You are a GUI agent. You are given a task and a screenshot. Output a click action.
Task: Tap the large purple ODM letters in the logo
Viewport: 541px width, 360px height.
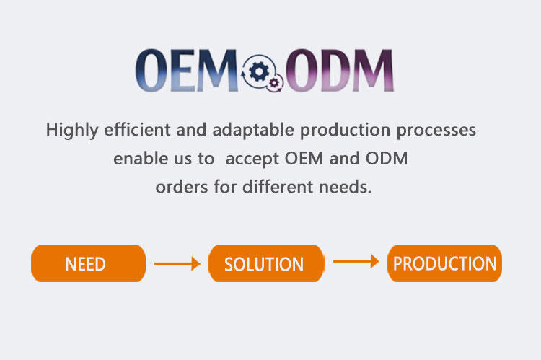click(x=339, y=71)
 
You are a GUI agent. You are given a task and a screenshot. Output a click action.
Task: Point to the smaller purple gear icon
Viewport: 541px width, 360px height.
click(x=274, y=83)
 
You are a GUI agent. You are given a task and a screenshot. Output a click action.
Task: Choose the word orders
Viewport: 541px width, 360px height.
click(x=179, y=188)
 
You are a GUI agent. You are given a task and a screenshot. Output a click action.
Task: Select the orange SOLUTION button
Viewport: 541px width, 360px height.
click(x=265, y=263)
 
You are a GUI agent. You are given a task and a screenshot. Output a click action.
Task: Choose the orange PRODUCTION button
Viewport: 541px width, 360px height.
click(x=444, y=263)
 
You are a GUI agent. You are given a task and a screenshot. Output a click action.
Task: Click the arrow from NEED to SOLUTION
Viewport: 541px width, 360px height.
click(x=177, y=264)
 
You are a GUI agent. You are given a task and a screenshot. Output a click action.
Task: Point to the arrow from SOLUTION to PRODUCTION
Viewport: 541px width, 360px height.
click(x=356, y=261)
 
